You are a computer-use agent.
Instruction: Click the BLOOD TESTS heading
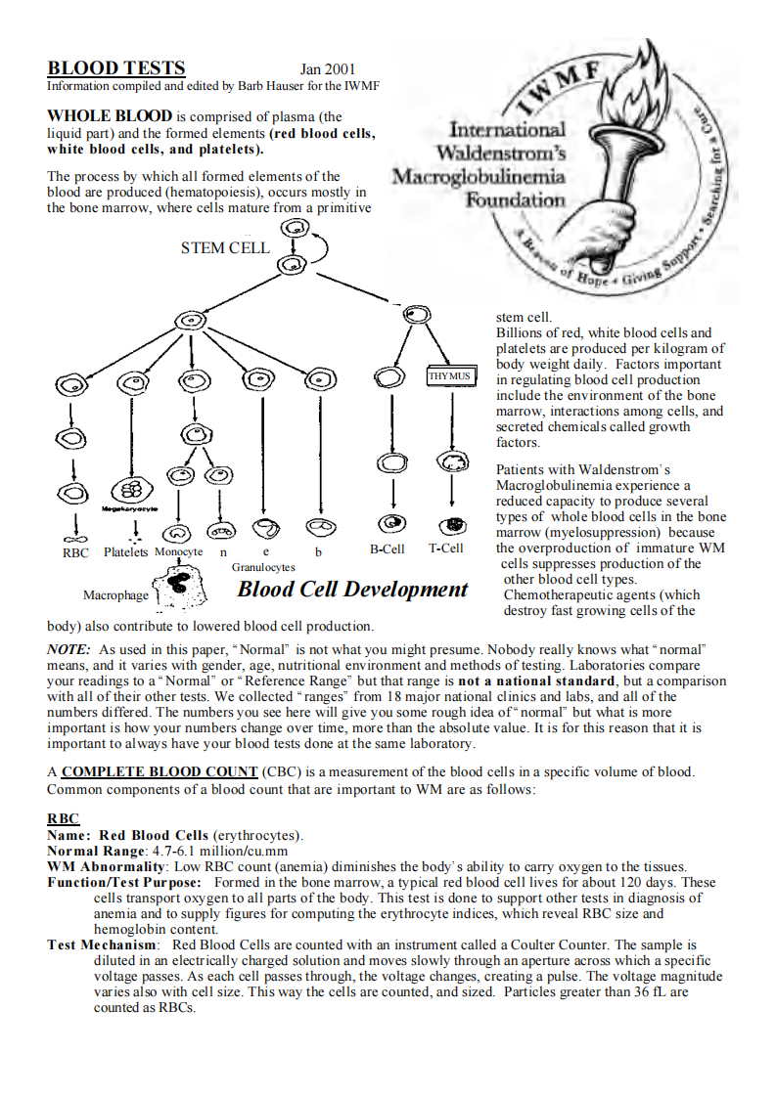coord(116,68)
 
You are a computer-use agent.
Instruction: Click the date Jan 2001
coord(328,69)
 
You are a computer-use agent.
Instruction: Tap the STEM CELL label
coord(224,248)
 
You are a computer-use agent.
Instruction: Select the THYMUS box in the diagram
coord(449,375)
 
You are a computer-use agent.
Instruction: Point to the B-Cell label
coord(387,549)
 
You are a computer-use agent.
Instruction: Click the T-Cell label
coord(446,549)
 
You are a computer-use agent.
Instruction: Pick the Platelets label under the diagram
coord(125,552)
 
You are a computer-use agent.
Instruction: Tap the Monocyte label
coord(178,552)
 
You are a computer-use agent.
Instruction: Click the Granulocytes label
coord(263,567)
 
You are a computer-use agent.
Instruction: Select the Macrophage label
coord(115,595)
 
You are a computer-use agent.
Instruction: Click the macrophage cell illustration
coord(178,586)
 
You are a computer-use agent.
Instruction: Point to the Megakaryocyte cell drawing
coord(129,491)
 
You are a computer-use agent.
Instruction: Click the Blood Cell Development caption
coord(352,590)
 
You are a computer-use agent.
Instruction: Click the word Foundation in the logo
coord(515,199)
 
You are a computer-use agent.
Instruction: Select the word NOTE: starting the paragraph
coord(68,649)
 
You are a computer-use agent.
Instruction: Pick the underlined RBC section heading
coord(64,819)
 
